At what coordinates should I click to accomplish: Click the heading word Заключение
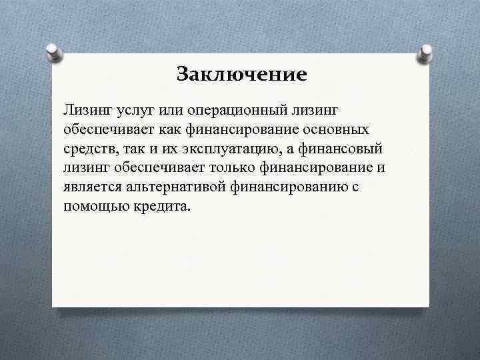point(242,74)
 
